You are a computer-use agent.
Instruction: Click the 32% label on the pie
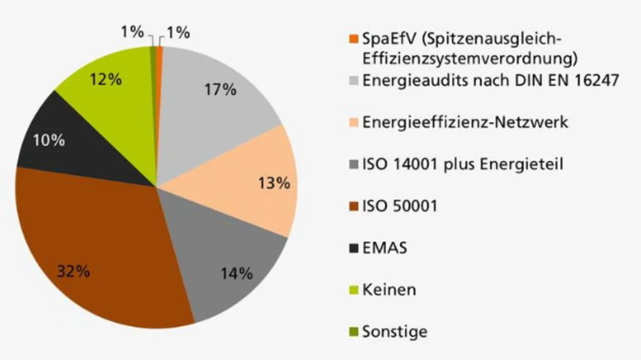tap(73, 272)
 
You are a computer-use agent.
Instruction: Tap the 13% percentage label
tap(274, 183)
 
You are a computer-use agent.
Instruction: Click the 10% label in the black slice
tap(49, 140)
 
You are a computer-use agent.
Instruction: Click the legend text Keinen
tap(389, 289)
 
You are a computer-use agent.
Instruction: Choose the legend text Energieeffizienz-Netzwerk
tap(465, 122)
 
